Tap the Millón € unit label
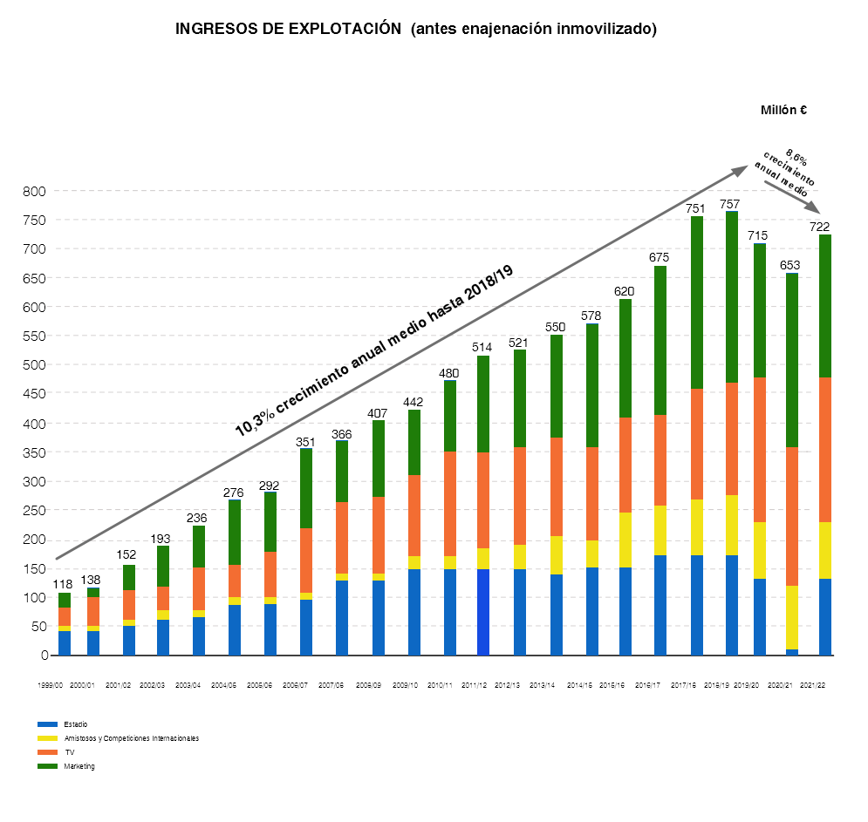coord(783,110)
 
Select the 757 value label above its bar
coord(730,204)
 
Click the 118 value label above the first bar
coord(62,585)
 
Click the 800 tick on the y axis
coord(37,191)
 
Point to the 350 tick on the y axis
coord(37,452)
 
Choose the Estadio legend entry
coord(76,724)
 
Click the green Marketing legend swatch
coord(47,766)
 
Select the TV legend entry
coord(70,752)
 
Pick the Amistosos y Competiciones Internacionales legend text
coord(132,738)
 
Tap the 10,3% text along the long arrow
coord(255,423)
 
